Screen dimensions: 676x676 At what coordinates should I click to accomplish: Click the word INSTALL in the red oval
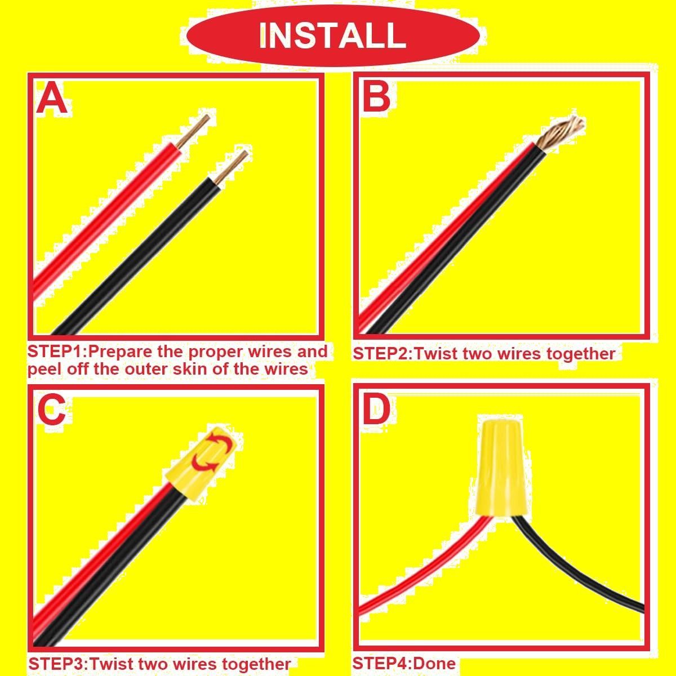coord(332,35)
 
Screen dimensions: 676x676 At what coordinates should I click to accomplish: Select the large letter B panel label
coord(376,96)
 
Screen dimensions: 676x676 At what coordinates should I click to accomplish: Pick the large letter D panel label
coord(376,408)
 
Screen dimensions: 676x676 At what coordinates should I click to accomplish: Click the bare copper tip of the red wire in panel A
coord(193,131)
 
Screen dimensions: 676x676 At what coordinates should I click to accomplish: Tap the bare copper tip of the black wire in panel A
coord(231,167)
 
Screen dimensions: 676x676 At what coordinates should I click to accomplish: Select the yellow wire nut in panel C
coord(204,462)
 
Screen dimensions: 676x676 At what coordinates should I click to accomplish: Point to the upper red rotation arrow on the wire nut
coord(221,442)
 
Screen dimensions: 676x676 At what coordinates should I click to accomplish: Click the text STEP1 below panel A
coord(56,351)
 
